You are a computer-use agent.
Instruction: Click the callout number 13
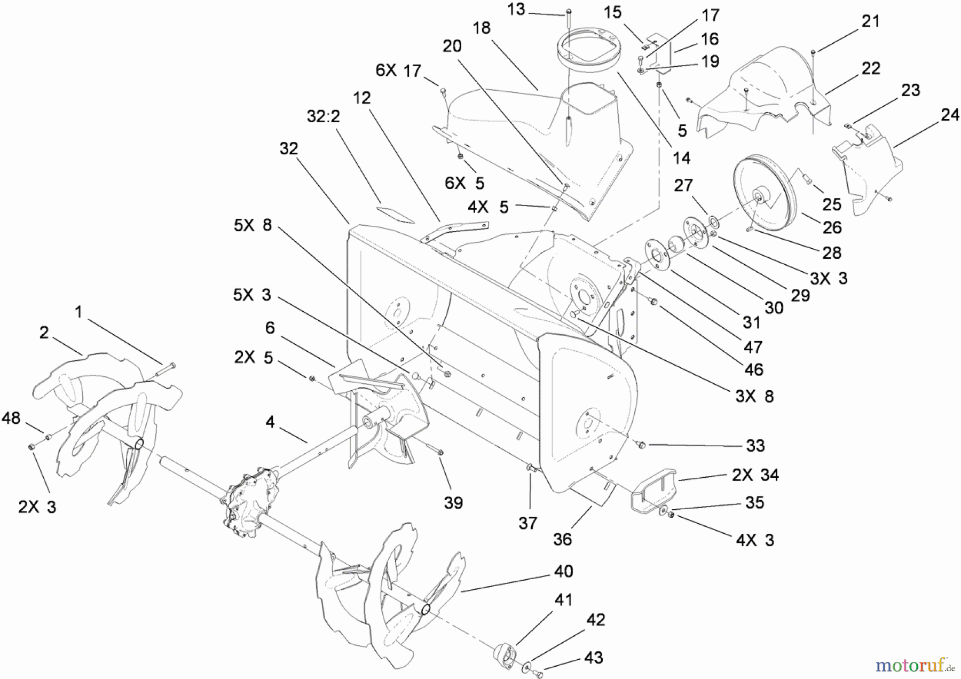[x=516, y=10]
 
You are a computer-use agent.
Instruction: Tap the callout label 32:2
[x=324, y=116]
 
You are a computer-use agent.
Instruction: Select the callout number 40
[x=563, y=571]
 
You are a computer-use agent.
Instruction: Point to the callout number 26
[x=832, y=227]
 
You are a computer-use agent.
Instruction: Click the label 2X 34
[x=755, y=475]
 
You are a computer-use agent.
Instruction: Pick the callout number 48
[x=11, y=418]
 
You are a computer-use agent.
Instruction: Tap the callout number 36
[x=562, y=539]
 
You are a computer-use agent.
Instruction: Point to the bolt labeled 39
[x=438, y=452]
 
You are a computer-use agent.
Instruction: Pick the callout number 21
[x=870, y=21]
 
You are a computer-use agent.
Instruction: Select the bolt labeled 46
[x=652, y=303]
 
